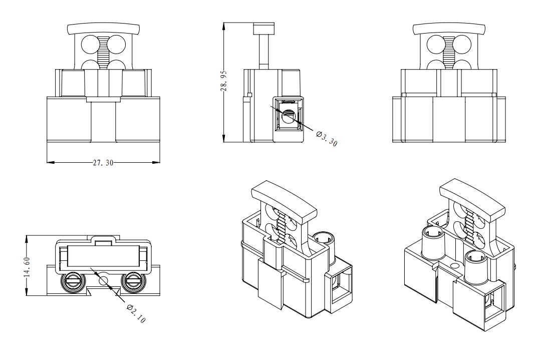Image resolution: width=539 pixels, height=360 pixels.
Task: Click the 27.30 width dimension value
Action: [x=103, y=163]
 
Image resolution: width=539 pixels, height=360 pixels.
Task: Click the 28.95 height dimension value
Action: [x=224, y=80]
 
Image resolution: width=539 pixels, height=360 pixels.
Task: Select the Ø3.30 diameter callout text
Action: [x=327, y=139]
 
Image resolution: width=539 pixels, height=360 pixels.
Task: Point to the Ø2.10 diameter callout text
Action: [x=136, y=313]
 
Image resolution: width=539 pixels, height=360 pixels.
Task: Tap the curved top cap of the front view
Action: [x=103, y=28]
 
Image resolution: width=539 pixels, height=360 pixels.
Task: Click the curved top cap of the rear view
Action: [x=448, y=28]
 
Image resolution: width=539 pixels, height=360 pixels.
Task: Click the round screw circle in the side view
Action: [x=288, y=117]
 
